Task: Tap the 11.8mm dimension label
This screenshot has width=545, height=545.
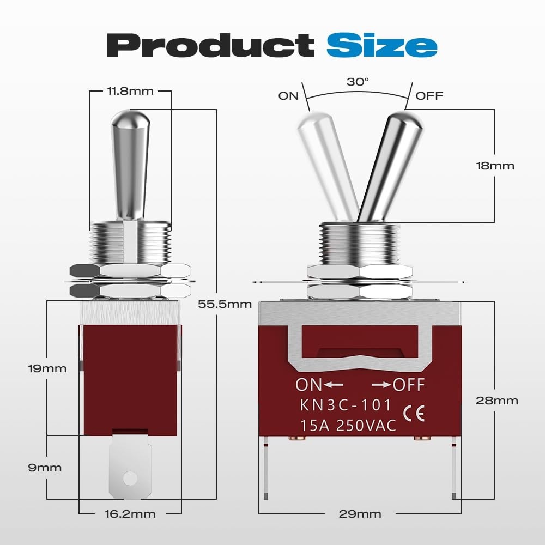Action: coord(130,91)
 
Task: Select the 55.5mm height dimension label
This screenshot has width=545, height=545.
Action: coord(225,304)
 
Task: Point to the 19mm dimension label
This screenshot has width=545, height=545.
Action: coord(47,368)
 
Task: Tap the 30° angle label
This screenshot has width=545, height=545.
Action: coord(358,82)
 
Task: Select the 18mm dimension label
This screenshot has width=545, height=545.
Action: coord(494,166)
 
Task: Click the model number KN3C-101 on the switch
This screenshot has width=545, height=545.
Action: coord(345,405)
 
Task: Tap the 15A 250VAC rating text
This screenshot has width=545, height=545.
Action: coord(348,426)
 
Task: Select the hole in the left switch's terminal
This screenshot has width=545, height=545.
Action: coord(130,478)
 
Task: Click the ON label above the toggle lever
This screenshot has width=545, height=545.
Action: coord(288,96)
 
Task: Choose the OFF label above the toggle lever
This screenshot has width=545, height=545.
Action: coord(429,96)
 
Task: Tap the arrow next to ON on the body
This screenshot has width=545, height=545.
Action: coord(334,385)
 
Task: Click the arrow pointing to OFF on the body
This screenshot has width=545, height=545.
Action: coord(381,385)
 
